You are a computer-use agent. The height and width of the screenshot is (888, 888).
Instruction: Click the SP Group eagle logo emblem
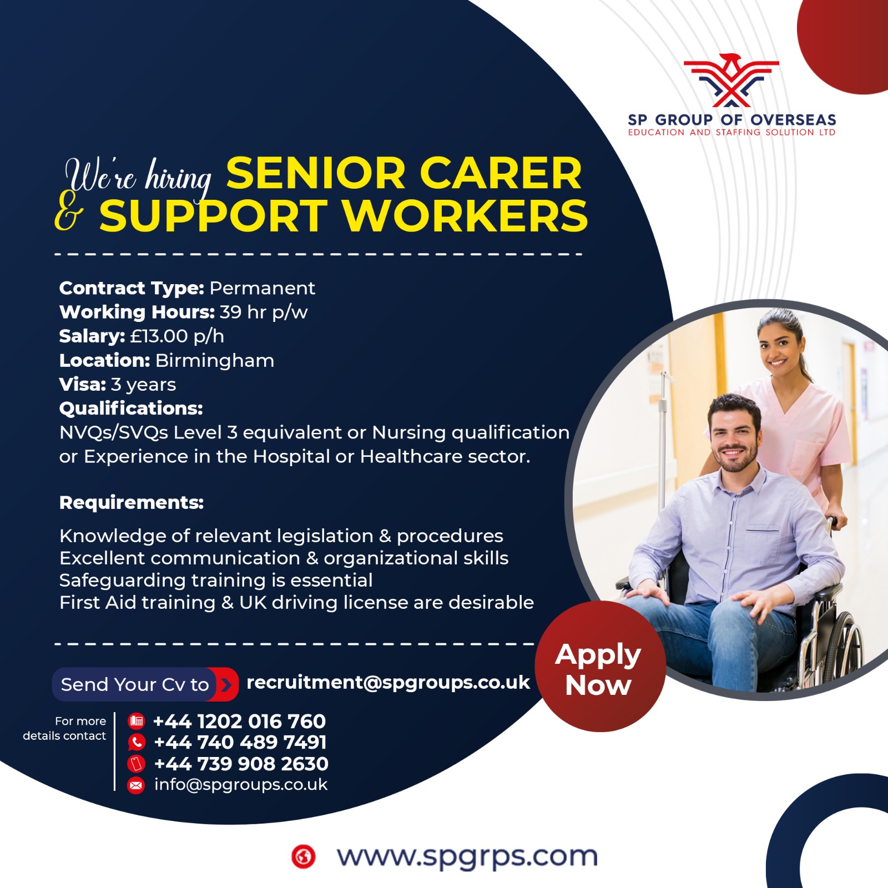point(731,80)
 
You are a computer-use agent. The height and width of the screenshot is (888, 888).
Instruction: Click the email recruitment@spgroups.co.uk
point(388,683)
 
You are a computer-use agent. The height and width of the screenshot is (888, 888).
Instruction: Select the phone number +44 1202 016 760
point(239,721)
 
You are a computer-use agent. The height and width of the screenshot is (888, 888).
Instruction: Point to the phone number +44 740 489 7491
point(240,742)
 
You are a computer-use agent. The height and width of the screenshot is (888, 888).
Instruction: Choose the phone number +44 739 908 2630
point(241,764)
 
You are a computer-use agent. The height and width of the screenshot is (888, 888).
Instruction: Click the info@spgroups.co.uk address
point(241,785)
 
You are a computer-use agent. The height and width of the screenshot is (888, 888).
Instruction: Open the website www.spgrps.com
point(467,856)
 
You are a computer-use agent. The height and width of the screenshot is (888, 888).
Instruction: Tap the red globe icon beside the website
point(303,856)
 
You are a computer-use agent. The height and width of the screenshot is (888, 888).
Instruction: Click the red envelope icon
point(136,785)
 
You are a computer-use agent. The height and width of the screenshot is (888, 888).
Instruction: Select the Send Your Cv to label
point(135,684)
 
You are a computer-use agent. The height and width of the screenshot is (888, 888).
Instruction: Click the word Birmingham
point(215,361)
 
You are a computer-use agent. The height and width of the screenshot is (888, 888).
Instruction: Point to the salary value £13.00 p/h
point(177,336)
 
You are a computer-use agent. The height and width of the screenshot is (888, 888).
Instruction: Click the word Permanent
point(262,288)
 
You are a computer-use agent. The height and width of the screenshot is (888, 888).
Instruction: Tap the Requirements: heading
point(132,503)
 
